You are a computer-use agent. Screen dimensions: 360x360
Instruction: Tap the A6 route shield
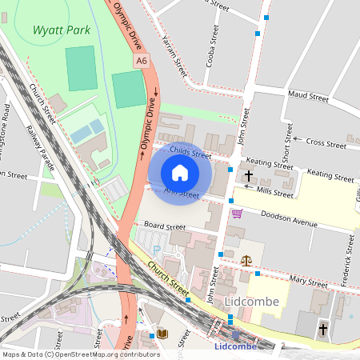pos(142,60)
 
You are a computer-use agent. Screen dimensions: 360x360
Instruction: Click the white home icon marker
pos(180,173)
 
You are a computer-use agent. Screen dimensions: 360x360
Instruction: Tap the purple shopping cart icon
pos(237,213)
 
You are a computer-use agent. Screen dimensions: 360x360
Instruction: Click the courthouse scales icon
pos(246,260)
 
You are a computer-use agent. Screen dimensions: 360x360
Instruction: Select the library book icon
pos(162,333)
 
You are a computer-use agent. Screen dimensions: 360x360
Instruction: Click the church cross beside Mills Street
pos(249,175)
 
